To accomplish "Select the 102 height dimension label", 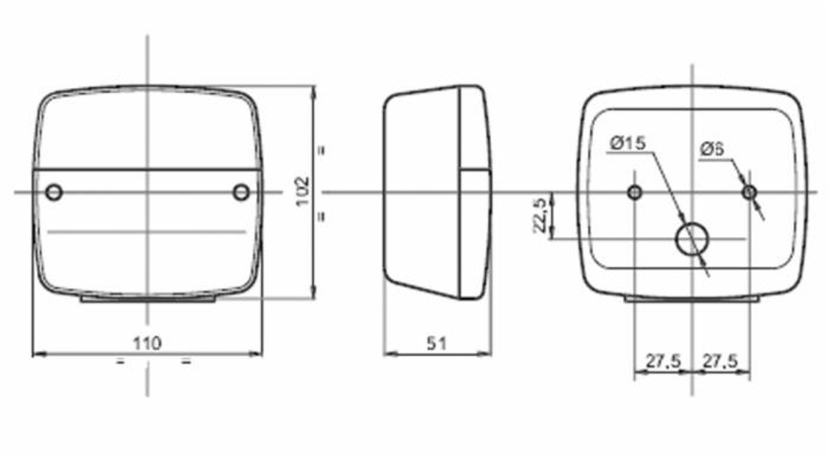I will click(x=302, y=191).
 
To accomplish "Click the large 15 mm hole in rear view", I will click(x=691, y=240).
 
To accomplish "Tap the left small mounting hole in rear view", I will click(x=634, y=192).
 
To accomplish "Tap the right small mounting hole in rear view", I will click(x=749, y=192).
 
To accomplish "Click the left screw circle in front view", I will click(x=54, y=192).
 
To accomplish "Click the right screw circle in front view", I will click(x=240, y=192).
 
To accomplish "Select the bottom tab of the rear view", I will click(x=691, y=299).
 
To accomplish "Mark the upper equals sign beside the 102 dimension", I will click(x=320, y=151).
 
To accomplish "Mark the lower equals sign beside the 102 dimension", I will click(x=320, y=216).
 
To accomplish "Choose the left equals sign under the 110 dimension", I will click(x=119, y=362).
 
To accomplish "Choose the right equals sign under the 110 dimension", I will click(x=186, y=362).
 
